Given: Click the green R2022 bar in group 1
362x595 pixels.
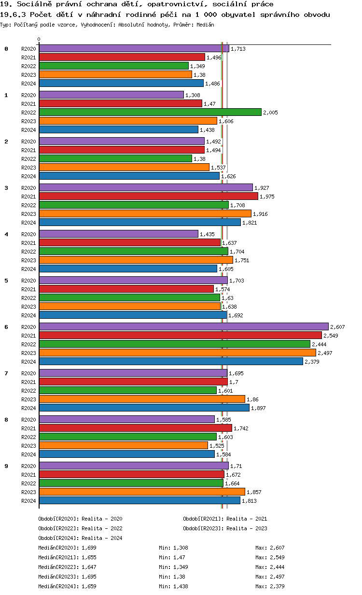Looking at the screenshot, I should pos(150,112).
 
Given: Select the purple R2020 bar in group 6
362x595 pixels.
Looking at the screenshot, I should pos(183,327).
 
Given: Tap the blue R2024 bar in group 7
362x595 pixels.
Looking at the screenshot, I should pos(144,408).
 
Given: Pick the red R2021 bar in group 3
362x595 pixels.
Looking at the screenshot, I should pos(148,196).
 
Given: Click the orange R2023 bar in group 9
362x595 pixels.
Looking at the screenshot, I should pos(142,492).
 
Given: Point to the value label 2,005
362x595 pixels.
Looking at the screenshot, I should pos(270,113).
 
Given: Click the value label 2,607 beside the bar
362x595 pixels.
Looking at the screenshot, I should pos(337,327).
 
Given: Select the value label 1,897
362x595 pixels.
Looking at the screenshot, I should pos(258,408).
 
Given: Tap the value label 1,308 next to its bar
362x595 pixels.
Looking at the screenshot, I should pos(193,95).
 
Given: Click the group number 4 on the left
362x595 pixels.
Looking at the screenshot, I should pos(6,234).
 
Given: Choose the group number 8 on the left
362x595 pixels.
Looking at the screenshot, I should pos(6,420).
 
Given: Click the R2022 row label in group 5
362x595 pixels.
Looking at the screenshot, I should pos(28,298).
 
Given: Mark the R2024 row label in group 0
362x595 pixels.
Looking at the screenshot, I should pos(28,84).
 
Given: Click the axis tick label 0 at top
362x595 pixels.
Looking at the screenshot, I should pos(39,40).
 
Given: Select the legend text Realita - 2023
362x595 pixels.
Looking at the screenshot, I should pos(246,528).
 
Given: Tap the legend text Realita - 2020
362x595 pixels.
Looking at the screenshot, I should pos(101,519).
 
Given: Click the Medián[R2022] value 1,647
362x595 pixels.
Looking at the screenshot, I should pos(89,567).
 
